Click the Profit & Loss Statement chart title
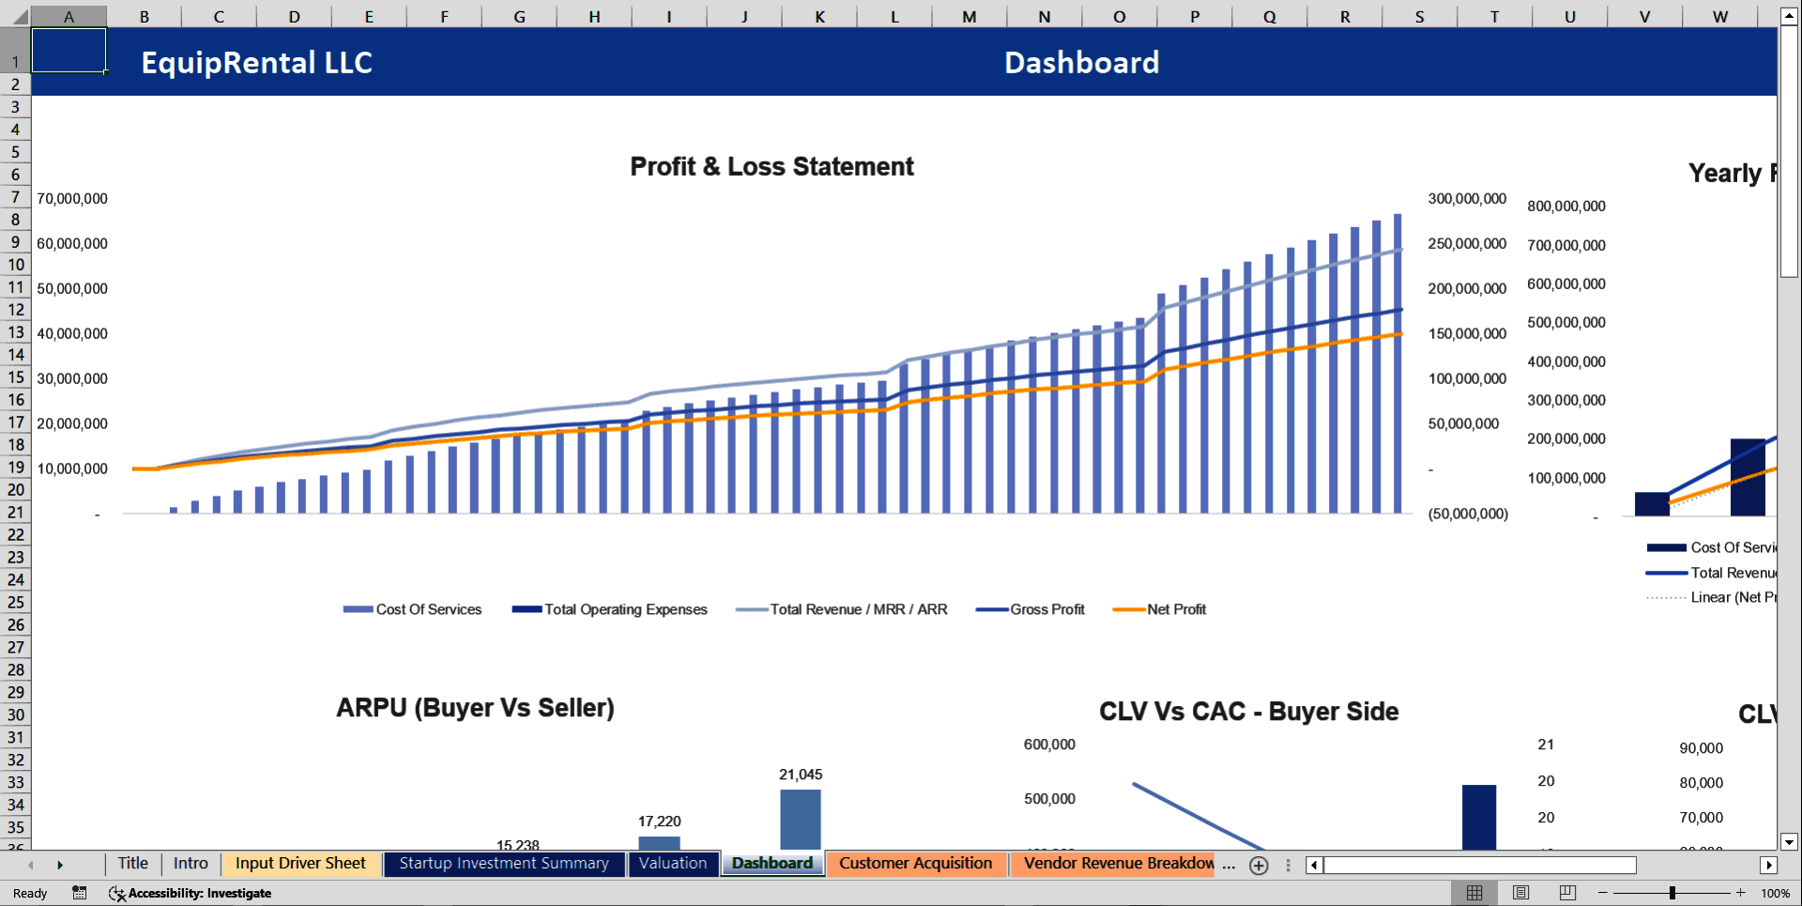pos(771,166)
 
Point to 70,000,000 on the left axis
pos(72,198)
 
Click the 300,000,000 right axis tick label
pos(1467,198)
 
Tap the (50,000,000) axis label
pos(1468,514)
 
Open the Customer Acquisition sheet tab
pos(915,863)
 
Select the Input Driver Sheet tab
pos(300,863)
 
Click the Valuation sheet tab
pos(673,863)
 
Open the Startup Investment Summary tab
pos(504,863)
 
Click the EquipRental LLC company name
pos(256,62)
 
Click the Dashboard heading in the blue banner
pos(1081,62)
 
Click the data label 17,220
pos(660,821)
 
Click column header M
pos(969,16)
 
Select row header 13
pos(16,332)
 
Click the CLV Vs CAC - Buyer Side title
pos(1248,711)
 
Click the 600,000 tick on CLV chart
pos(1049,744)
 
